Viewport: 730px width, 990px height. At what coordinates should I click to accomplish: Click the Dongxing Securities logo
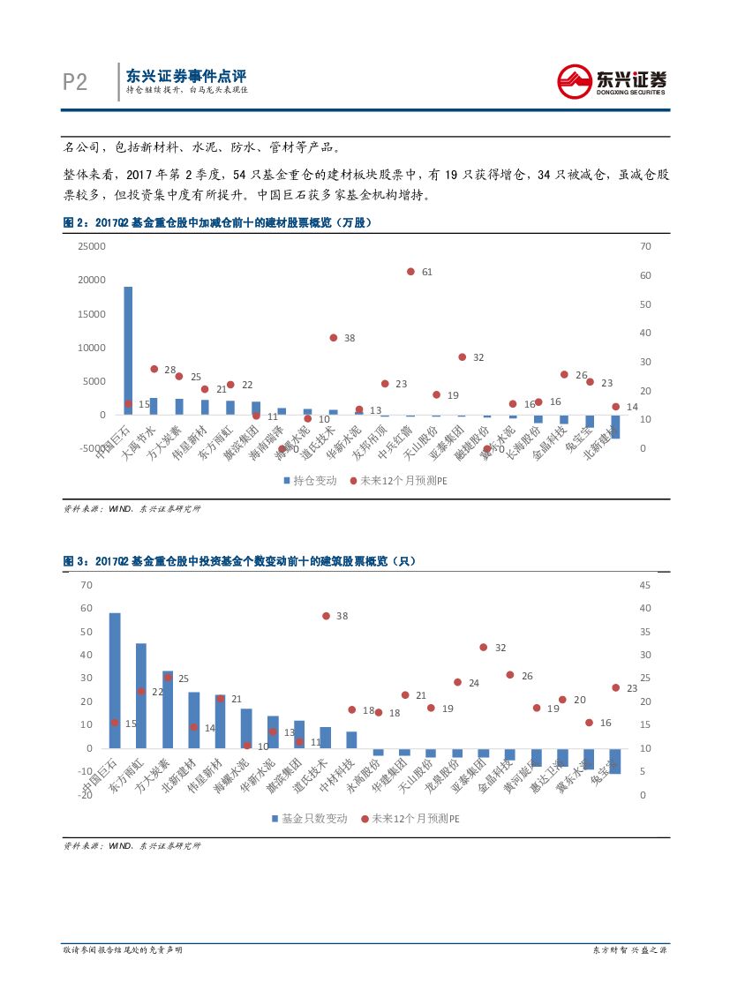pos(612,81)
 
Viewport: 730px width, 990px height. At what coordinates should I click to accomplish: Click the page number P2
pos(75,82)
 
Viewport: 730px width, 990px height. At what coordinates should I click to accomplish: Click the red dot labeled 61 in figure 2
pos(410,272)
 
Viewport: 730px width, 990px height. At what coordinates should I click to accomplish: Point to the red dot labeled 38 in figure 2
pos(334,338)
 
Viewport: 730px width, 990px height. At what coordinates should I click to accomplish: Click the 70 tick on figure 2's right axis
pos(645,246)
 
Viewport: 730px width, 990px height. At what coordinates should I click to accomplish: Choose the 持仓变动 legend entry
pos(309,481)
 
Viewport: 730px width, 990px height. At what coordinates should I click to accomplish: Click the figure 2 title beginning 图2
pos(217,223)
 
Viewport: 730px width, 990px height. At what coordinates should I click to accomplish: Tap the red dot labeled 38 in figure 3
pos(326,616)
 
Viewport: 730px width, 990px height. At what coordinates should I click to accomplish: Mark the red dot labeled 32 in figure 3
pos(483,647)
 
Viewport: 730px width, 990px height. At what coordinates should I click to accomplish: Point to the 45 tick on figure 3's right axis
pos(645,585)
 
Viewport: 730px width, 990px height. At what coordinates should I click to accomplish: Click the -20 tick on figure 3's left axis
pos(86,795)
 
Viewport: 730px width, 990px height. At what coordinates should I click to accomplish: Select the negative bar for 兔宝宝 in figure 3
pos(615,761)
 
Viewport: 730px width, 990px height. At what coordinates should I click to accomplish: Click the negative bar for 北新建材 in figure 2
pos(615,427)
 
